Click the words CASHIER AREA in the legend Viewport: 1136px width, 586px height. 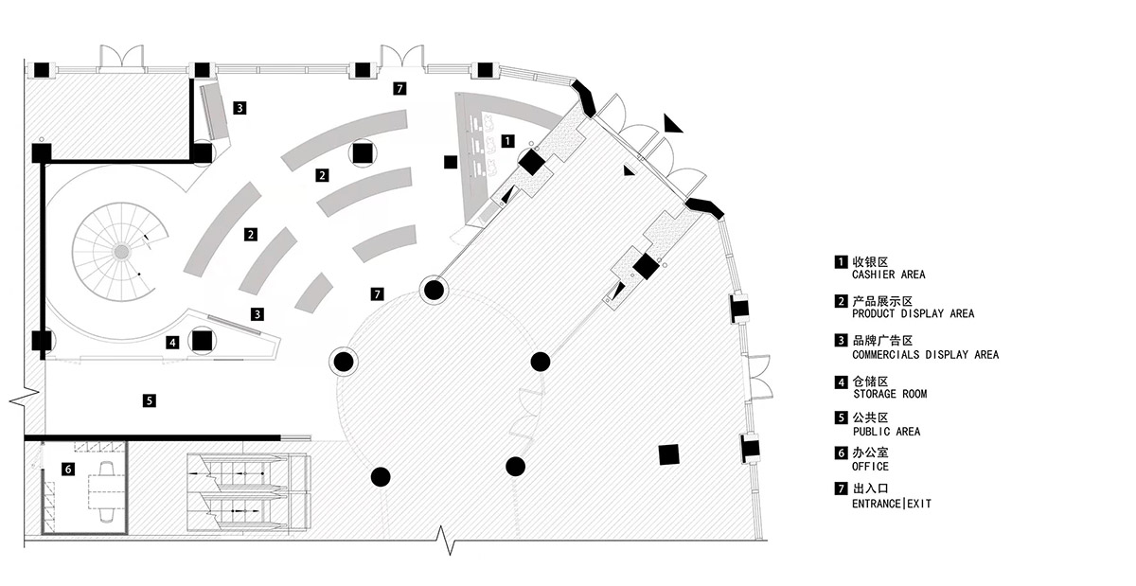click(x=889, y=275)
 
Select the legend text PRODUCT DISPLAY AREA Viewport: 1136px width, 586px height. click(x=913, y=313)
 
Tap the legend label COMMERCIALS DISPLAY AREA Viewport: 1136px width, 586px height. click(x=925, y=355)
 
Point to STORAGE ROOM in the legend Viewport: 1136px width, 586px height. click(x=890, y=394)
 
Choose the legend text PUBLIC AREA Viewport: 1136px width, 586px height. click(x=886, y=432)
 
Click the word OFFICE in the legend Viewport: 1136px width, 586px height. click(x=871, y=467)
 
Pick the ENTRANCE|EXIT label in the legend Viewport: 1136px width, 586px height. click(x=892, y=505)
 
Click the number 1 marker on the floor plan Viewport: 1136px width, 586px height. click(x=507, y=140)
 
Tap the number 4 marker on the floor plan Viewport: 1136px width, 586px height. click(x=172, y=342)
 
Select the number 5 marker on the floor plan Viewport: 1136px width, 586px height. click(x=150, y=400)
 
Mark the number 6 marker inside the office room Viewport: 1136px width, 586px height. click(x=68, y=468)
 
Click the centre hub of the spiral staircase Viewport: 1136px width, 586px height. click(x=121, y=251)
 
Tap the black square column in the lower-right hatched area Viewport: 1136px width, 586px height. click(x=669, y=455)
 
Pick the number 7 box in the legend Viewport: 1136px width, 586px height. click(x=840, y=489)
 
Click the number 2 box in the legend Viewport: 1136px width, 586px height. click(x=840, y=299)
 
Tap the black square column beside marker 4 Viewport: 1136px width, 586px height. click(x=201, y=340)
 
